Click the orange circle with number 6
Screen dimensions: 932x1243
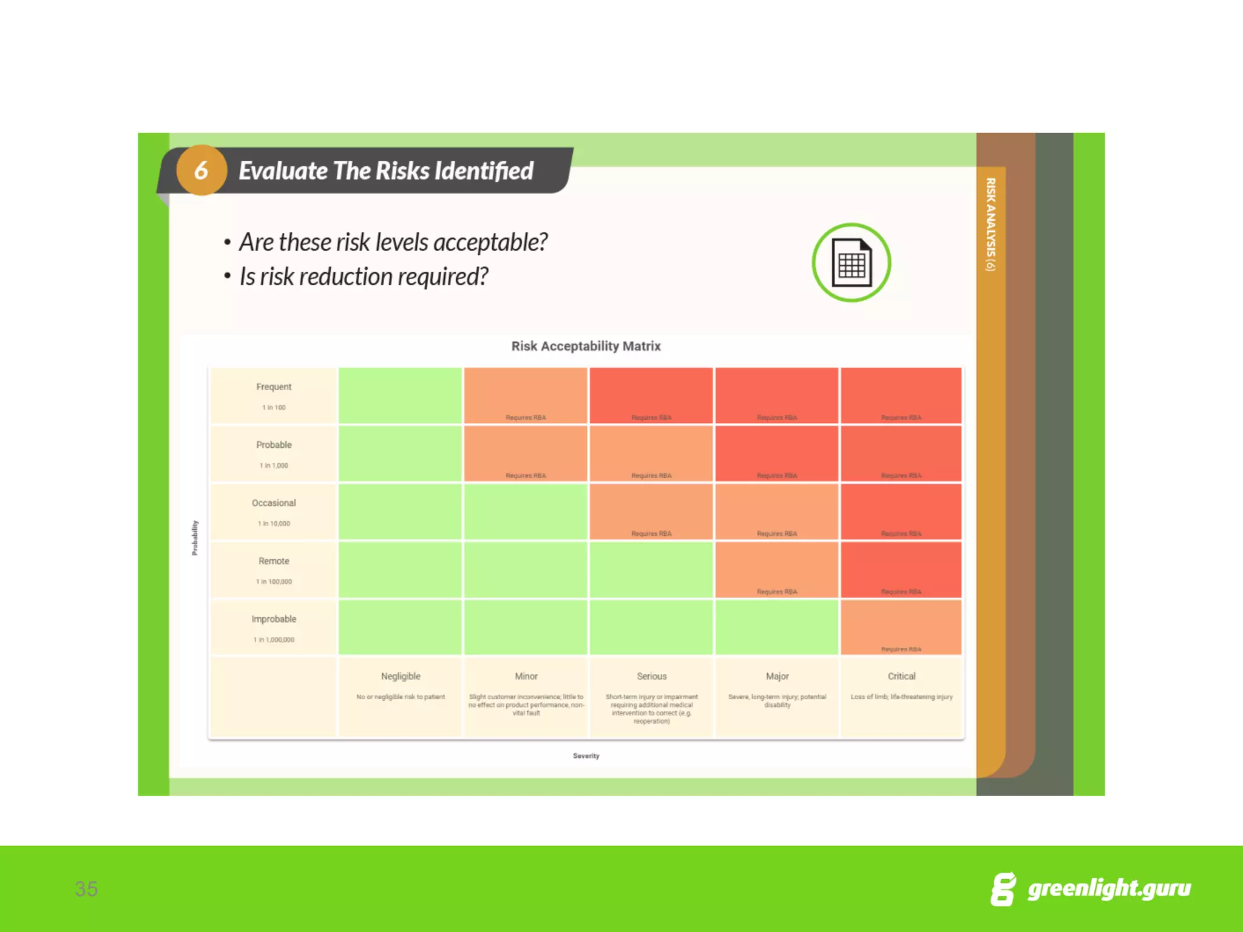click(201, 170)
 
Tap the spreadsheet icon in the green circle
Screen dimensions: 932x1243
click(851, 263)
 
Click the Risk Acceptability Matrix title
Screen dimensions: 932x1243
click(586, 346)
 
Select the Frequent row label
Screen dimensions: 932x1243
click(274, 387)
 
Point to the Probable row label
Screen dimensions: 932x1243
click(274, 445)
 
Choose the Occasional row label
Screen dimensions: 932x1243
click(274, 503)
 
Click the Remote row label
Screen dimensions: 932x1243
click(274, 561)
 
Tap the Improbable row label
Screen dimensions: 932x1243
click(274, 619)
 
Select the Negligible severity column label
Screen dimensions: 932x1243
click(401, 676)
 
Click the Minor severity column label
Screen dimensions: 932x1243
click(526, 676)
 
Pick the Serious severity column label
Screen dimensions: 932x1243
click(652, 676)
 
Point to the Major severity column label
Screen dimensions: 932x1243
click(777, 676)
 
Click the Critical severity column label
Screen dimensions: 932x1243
click(901, 676)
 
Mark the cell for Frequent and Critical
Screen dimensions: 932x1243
click(901, 395)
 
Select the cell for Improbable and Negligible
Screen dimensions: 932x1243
click(401, 627)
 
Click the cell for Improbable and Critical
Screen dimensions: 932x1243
click(901, 627)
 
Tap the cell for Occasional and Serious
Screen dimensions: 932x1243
click(651, 511)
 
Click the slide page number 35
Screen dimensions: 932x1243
click(86, 889)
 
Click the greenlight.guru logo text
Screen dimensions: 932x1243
click(1109, 888)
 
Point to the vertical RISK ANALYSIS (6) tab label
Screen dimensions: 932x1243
click(991, 225)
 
